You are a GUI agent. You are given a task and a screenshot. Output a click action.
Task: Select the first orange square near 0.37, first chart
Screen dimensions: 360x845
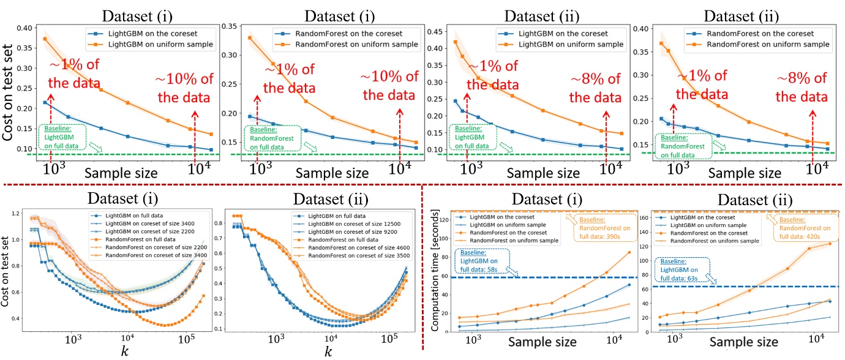pyautogui.click(x=45, y=39)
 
